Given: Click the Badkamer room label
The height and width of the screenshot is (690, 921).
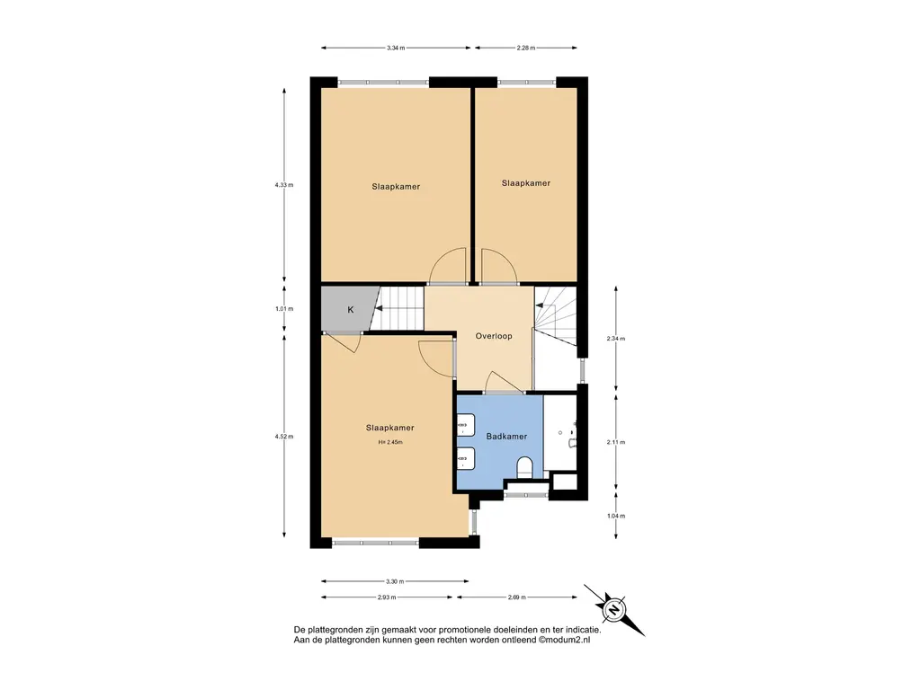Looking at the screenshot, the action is point(506,437).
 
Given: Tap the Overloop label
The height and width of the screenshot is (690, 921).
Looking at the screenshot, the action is point(494,336).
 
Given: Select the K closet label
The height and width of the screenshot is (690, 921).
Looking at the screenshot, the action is point(351,310).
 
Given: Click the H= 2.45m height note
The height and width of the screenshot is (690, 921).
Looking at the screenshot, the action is point(390,442).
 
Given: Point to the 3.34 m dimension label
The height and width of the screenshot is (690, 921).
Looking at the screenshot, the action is point(396,49).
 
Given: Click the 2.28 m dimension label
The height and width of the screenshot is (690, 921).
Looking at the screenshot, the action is point(525,49).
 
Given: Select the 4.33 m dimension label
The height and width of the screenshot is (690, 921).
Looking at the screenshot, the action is point(283,185).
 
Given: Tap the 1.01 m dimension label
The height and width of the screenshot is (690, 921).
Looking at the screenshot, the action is point(283,309).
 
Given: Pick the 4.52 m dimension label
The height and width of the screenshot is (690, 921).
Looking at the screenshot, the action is point(283,437).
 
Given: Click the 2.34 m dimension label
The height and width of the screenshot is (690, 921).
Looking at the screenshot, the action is point(615,339).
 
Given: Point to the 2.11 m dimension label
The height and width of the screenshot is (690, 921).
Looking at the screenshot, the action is point(615,442).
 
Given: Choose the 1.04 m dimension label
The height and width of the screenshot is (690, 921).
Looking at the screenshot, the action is point(615,517).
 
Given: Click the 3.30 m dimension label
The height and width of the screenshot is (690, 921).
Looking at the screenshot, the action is point(395,581).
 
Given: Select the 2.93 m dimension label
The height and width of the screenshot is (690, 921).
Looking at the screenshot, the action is point(387,597).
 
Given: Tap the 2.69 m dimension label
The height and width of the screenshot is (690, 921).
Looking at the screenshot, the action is point(517,597).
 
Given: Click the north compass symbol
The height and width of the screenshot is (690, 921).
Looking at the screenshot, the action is point(613,610).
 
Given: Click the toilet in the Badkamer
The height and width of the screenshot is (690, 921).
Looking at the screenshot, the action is point(524,467).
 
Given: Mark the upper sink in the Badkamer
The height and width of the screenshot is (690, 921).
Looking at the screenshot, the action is point(466,424).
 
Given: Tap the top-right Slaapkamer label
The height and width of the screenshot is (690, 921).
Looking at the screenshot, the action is point(525,183).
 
